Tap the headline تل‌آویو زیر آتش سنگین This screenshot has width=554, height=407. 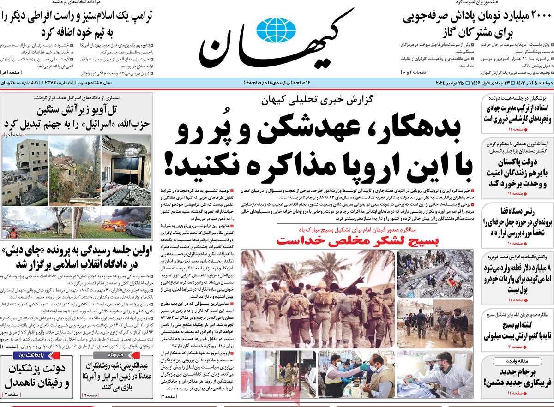point(76,110)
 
